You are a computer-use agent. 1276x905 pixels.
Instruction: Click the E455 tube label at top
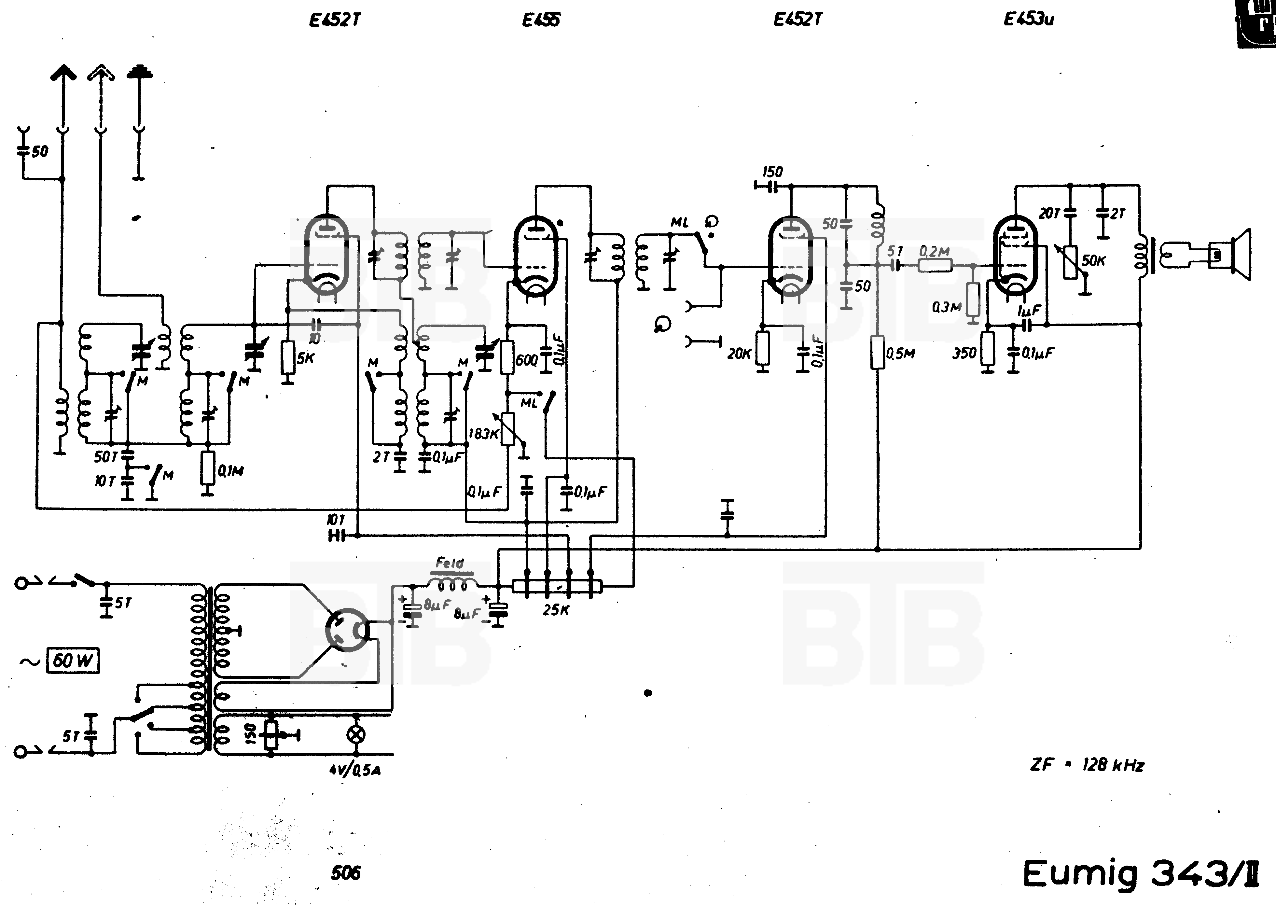pyautogui.click(x=540, y=20)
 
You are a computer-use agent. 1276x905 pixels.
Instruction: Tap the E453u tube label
pyautogui.click(x=1029, y=20)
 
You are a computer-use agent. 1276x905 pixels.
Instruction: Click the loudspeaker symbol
pyautogui.click(x=1240, y=255)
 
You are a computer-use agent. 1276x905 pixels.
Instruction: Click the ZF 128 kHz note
pyautogui.click(x=1087, y=765)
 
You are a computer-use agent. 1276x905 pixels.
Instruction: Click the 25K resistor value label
pyautogui.click(x=556, y=610)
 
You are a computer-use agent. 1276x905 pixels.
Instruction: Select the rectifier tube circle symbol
pyautogui.click(x=347, y=630)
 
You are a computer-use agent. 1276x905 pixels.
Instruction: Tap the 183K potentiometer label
pyautogui.click(x=482, y=434)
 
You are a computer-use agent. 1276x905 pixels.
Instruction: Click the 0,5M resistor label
pyautogui.click(x=900, y=353)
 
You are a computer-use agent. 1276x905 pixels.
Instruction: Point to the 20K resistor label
pyautogui.click(x=739, y=353)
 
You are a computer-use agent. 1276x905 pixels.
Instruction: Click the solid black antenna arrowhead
pyautogui.click(x=63, y=73)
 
